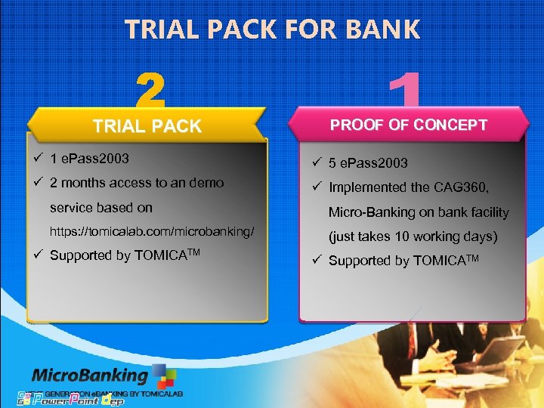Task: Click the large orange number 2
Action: pos(151,91)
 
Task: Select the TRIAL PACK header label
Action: pos(147,126)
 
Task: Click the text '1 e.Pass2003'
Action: pos(89,159)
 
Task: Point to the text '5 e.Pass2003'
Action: pos(368,162)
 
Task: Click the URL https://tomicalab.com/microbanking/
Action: pos(152,230)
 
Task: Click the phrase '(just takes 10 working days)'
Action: pos(413,236)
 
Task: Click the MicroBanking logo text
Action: pos(90,376)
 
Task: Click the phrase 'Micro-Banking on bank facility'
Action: pos(418,212)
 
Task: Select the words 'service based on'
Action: pos(100,207)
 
